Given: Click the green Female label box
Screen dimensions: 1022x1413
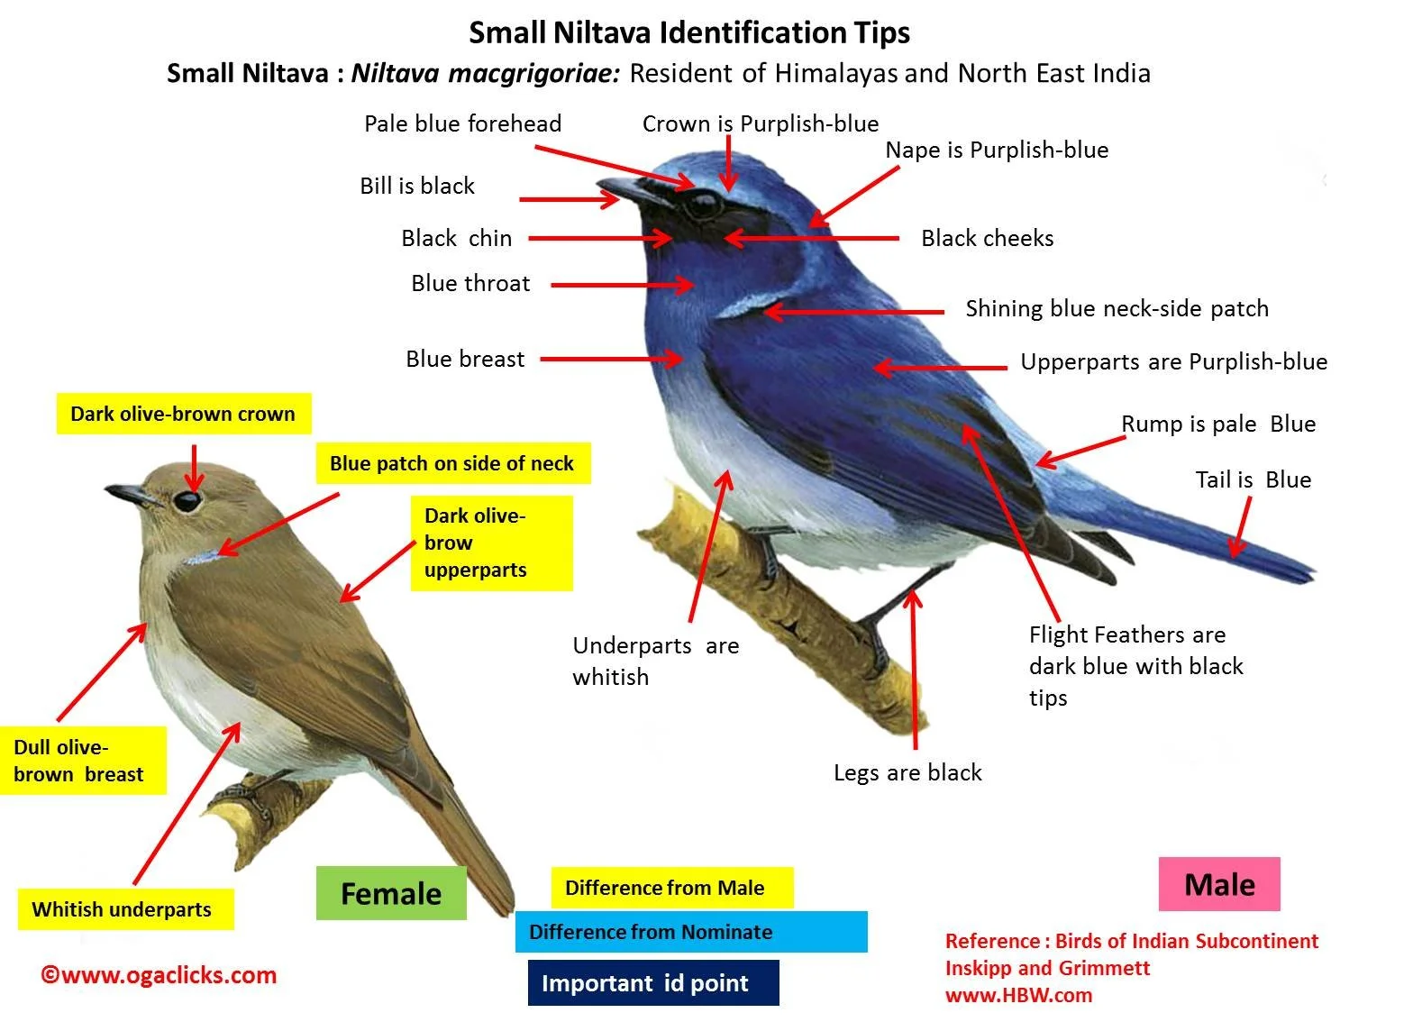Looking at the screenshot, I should coord(391,893).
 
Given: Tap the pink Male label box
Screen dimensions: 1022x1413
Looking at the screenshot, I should coord(1219,884).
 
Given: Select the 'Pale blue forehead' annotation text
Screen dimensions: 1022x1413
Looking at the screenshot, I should coord(462,123).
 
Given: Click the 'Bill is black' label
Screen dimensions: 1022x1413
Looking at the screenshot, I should coord(416,186).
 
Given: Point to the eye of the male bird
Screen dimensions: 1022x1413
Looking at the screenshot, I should coord(702,205).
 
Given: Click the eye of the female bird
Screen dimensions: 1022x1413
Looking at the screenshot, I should coord(187,500).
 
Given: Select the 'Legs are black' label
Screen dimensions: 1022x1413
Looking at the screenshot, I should coord(907,772).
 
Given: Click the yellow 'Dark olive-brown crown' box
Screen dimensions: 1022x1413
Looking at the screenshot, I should coord(183,414).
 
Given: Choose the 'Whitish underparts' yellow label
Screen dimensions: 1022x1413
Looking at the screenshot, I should coord(123,909).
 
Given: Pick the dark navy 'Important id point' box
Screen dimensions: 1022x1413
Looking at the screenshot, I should coord(652,983).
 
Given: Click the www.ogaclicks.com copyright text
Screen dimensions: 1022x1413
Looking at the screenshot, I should coord(159,975).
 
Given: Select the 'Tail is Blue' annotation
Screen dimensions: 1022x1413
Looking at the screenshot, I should coord(1253,479).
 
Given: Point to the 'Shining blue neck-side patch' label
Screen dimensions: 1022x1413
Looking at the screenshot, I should coord(1117,308).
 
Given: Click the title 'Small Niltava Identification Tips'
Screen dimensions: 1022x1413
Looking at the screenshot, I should coord(689,32).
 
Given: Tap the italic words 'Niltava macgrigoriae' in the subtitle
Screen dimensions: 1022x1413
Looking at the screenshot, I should coord(485,73).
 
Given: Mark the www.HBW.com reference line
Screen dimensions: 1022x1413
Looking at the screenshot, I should coord(1018,995).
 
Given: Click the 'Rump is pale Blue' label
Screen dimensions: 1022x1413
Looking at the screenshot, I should coord(1217,424).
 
